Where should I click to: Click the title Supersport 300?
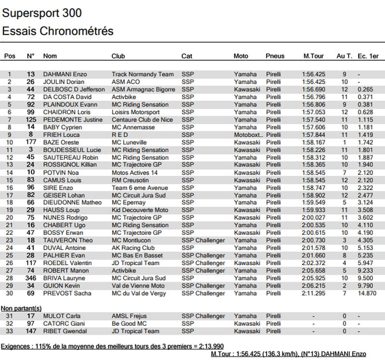(x=42, y=13)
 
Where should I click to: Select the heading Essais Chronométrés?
(x=58, y=31)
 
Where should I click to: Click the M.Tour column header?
(x=313, y=56)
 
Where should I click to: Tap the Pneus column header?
(x=275, y=56)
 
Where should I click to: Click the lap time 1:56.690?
(x=314, y=90)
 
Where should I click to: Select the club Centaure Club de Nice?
(x=142, y=120)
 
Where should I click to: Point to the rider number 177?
(x=31, y=142)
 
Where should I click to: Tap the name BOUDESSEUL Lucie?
(x=72, y=150)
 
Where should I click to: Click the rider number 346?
(x=31, y=278)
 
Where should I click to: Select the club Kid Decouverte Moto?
(x=140, y=210)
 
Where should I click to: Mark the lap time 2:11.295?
(x=314, y=294)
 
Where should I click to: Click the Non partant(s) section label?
(x=21, y=308)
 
